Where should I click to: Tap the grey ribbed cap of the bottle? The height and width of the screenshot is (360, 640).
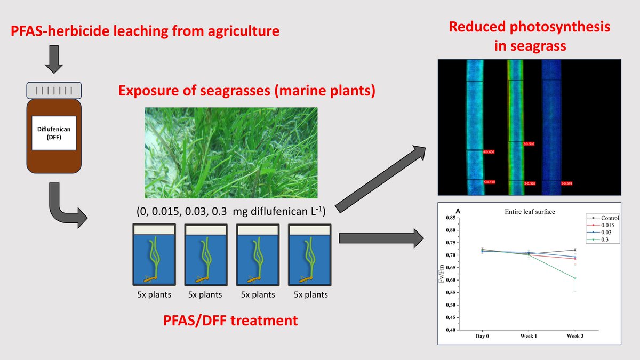tap(54, 91)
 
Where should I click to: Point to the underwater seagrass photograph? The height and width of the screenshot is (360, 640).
tap(231, 153)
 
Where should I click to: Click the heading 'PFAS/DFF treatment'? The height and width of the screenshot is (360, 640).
tap(231, 321)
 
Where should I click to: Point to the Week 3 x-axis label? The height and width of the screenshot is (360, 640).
tap(575, 337)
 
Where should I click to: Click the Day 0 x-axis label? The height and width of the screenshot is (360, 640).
tap(483, 337)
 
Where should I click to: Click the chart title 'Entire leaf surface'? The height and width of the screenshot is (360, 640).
tap(530, 212)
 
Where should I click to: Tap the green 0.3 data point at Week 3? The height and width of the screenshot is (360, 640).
tap(575, 278)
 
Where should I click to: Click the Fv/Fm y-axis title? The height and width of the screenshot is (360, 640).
tap(442, 274)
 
